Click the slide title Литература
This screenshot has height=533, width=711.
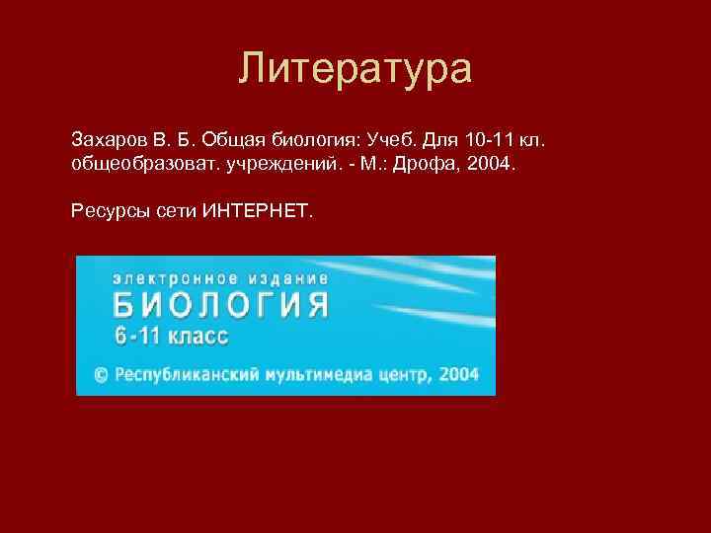[x=355, y=69]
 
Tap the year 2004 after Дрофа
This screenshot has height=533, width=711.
[x=491, y=162]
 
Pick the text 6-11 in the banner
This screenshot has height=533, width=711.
[x=136, y=336]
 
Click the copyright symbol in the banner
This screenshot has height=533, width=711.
[x=100, y=374]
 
